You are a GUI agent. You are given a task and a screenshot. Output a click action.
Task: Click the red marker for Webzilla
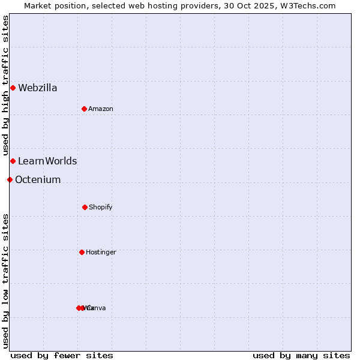point(13,88)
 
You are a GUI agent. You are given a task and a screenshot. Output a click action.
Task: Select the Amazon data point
point(84,109)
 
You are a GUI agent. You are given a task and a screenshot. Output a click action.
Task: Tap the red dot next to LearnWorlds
point(13,161)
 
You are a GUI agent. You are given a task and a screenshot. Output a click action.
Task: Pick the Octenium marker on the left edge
point(10,179)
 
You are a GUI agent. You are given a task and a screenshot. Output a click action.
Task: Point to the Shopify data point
point(85,207)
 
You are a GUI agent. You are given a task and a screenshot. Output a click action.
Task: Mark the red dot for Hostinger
point(82,252)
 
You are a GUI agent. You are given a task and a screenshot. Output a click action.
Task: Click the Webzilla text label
point(37,88)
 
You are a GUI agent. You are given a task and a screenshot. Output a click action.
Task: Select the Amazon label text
point(101,109)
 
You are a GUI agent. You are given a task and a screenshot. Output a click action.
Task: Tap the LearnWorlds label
point(47,161)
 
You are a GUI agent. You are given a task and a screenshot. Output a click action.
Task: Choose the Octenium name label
point(38,179)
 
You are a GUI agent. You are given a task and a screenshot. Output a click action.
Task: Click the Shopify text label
point(101,207)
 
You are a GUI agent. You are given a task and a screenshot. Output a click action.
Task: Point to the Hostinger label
point(101,252)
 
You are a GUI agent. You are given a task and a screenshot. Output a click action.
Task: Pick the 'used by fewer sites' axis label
point(62,355)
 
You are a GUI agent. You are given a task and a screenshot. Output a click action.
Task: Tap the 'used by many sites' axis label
point(301,355)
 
